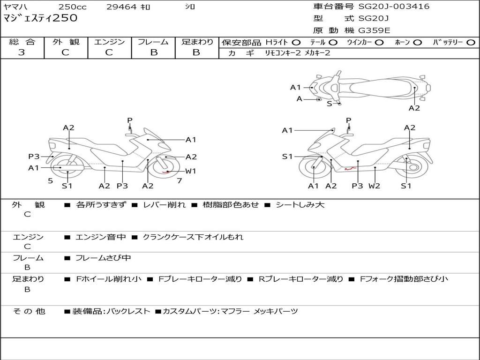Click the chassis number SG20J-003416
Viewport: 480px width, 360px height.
pos(394,7)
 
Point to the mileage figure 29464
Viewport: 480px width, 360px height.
pos(121,7)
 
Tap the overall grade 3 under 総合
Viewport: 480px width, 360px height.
pos(22,52)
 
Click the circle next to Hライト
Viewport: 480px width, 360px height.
pos(296,43)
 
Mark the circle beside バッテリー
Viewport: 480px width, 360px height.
pos(471,43)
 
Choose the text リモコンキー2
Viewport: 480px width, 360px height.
pos(283,53)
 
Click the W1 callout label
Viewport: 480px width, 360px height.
pos(191,171)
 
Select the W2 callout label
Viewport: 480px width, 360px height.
pos(375,186)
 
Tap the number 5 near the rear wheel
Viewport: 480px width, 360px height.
pos(51,181)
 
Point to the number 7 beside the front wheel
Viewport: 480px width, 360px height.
pos(180,181)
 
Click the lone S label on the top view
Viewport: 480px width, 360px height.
pos(330,104)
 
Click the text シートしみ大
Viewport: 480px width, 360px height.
pos(300,205)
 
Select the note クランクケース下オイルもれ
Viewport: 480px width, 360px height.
pos(193,237)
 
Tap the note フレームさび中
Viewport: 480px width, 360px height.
pos(103,258)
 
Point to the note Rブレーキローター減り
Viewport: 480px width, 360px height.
pos(301,279)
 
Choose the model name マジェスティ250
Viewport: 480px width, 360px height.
pos(40,18)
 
